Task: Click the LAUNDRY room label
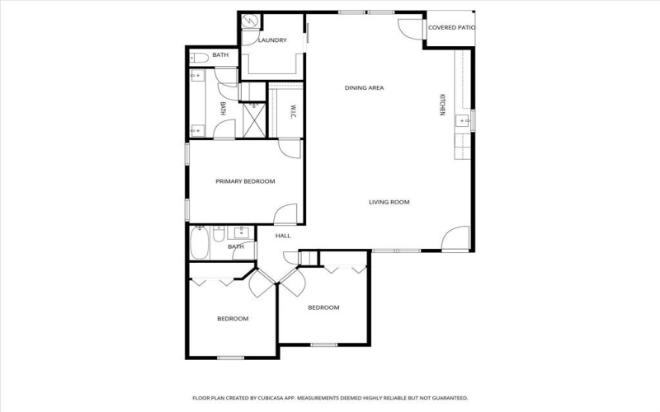(x=271, y=40)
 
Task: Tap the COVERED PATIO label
(x=451, y=28)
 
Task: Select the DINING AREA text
(x=364, y=87)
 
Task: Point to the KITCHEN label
(x=441, y=105)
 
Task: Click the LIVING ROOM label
(x=389, y=202)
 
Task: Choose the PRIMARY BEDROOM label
(x=245, y=181)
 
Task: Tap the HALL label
(x=283, y=236)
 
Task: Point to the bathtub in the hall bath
(x=199, y=242)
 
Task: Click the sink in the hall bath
(x=241, y=232)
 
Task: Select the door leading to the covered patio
(x=410, y=26)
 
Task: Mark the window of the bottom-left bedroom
(x=230, y=358)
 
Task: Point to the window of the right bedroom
(x=323, y=344)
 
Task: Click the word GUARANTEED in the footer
(x=449, y=397)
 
